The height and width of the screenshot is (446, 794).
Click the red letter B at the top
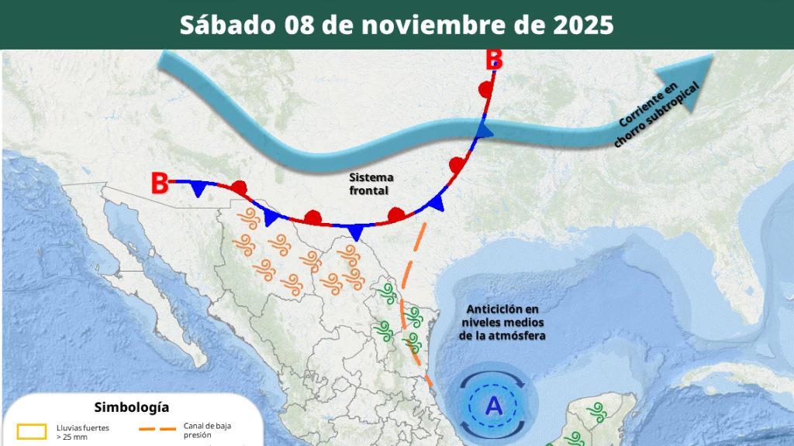[494, 59]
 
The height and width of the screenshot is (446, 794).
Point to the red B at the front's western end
[160, 184]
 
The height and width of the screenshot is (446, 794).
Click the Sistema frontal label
[371, 184]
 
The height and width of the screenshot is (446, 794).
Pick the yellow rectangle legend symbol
[33, 431]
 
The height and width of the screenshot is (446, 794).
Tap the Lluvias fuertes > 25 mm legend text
[83, 431]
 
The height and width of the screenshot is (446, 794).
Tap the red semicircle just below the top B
[486, 89]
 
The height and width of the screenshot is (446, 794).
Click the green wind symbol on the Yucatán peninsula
[597, 410]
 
